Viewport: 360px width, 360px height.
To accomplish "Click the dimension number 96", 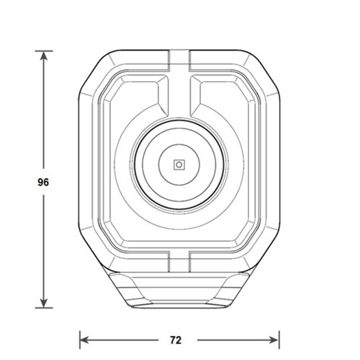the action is (43, 182).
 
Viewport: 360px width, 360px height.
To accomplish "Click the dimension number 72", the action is (176, 340).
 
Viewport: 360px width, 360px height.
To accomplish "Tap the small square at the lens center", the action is (179, 164).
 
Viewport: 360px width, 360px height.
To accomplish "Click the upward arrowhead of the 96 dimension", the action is (44, 56).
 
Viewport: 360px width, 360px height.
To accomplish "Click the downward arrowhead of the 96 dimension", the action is (44, 303).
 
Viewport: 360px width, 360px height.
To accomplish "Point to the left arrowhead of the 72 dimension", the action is (84, 340).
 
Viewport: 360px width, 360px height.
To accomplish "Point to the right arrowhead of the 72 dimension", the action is (274, 340).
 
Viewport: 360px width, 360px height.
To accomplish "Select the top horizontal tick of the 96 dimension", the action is (44, 51).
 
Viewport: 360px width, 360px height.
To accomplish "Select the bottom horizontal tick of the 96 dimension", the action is (44, 308).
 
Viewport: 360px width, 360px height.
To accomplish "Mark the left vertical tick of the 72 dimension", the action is (80, 340).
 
